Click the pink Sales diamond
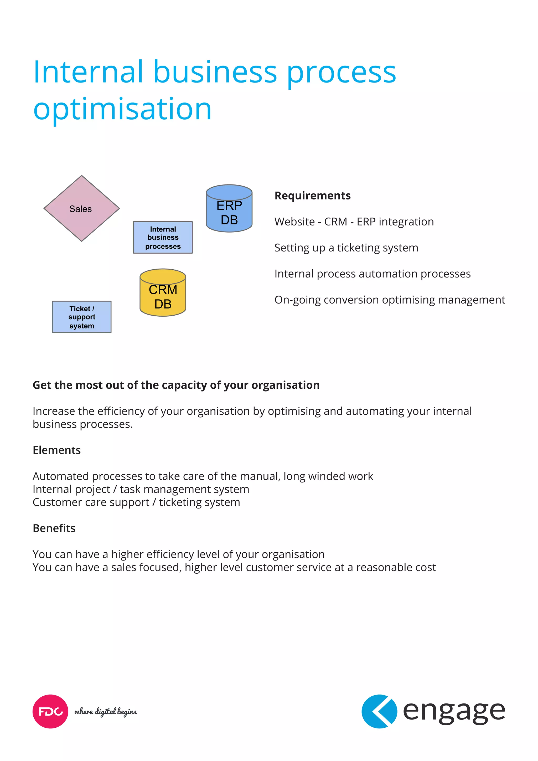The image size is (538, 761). tap(81, 208)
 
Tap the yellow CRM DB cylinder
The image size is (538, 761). tap(163, 293)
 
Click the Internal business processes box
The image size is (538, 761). tap(163, 238)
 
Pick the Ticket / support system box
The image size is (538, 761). tap(81, 317)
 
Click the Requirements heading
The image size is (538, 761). tap(312, 196)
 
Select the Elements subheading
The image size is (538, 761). tap(57, 450)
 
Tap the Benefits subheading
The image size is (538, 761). tap(54, 528)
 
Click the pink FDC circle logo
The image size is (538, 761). tap(50, 711)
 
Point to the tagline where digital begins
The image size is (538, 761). tap(105, 712)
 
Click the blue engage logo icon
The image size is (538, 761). tap(379, 711)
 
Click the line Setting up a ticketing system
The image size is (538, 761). tap(346, 248)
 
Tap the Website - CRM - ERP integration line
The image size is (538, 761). tap(354, 222)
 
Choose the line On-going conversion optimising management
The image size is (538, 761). tap(390, 300)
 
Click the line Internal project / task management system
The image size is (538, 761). tap(141, 489)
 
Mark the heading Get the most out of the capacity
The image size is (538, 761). tap(176, 385)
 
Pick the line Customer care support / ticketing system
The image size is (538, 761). tap(136, 502)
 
